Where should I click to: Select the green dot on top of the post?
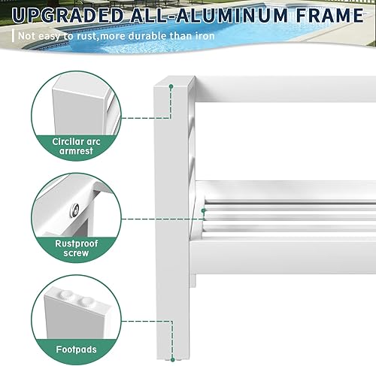pos(172,88)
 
